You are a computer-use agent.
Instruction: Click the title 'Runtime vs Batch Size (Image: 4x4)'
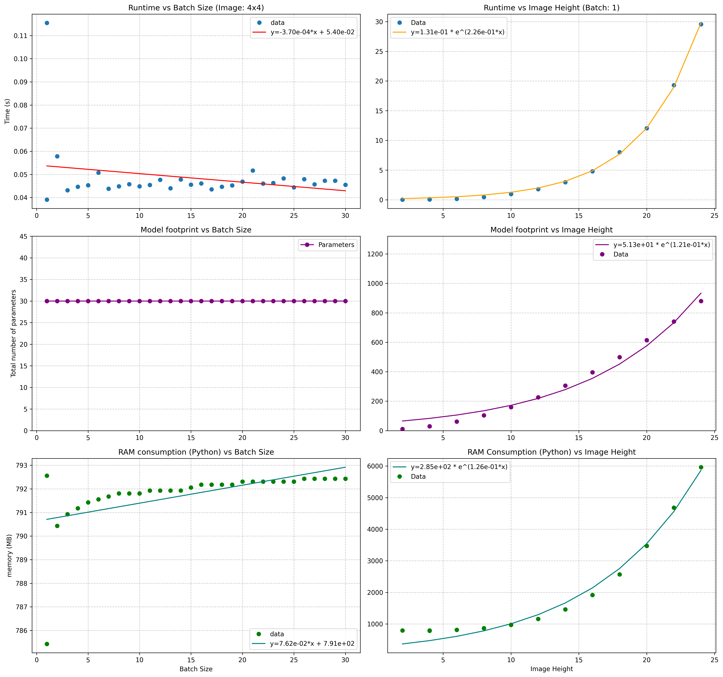(x=196, y=8)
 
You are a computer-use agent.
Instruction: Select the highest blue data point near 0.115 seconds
(x=47, y=23)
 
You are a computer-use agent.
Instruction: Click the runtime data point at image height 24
(x=701, y=24)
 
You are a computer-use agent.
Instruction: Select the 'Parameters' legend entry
(x=327, y=245)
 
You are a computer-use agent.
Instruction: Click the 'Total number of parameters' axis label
(x=13, y=333)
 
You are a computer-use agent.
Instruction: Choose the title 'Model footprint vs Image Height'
(x=551, y=230)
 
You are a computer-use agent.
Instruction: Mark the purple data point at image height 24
(x=701, y=301)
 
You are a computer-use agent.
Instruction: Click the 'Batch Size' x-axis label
(x=196, y=669)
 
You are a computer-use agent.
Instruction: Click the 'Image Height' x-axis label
(x=551, y=669)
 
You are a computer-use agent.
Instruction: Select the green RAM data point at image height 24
(x=701, y=467)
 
